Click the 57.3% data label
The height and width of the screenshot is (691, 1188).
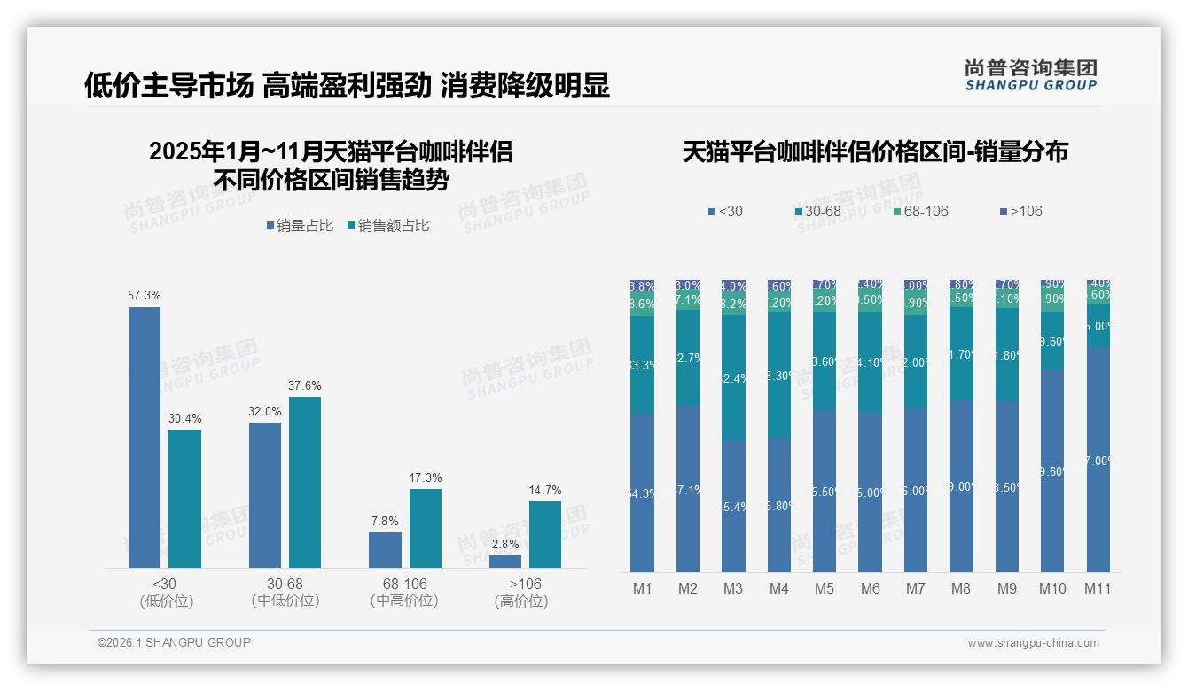click(145, 295)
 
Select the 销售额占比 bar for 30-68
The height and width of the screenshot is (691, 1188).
click(305, 482)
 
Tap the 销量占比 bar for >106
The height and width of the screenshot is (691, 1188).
click(505, 561)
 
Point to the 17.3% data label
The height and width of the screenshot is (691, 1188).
click(426, 477)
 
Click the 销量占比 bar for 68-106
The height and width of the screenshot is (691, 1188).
click(385, 549)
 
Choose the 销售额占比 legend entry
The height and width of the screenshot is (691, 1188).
click(388, 226)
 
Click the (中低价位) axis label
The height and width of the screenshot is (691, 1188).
click(285, 601)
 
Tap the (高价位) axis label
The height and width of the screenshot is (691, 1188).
click(521, 601)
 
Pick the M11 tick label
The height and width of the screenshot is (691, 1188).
click(1098, 588)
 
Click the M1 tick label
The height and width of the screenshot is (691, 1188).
click(641, 588)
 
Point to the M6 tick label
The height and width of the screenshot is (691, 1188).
click(870, 588)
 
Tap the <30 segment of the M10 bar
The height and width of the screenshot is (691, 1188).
click(1051, 470)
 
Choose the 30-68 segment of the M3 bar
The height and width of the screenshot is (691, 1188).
click(732, 378)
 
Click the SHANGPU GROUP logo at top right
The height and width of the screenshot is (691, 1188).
click(1030, 75)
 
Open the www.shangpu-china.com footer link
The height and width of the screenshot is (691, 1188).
click(1033, 643)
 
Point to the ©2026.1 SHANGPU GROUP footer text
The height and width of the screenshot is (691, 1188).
click(174, 642)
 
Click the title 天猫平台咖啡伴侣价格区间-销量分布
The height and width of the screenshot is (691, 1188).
click(875, 151)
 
